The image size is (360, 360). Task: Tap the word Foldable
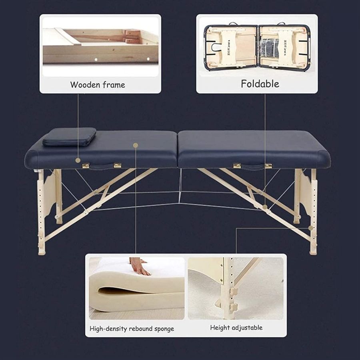click(x=260, y=84)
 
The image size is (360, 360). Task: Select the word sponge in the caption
click(x=164, y=329)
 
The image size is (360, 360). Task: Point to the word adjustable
click(x=247, y=328)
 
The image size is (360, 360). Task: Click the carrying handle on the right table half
click(x=252, y=166)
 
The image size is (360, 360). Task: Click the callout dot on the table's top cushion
click(x=136, y=145)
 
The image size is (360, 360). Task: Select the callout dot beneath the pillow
click(x=78, y=160)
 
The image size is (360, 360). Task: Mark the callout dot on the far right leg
click(x=311, y=228)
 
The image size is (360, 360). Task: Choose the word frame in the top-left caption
click(x=114, y=85)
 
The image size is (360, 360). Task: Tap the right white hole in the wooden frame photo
click(x=148, y=59)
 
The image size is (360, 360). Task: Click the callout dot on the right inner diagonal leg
click(x=265, y=207)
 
